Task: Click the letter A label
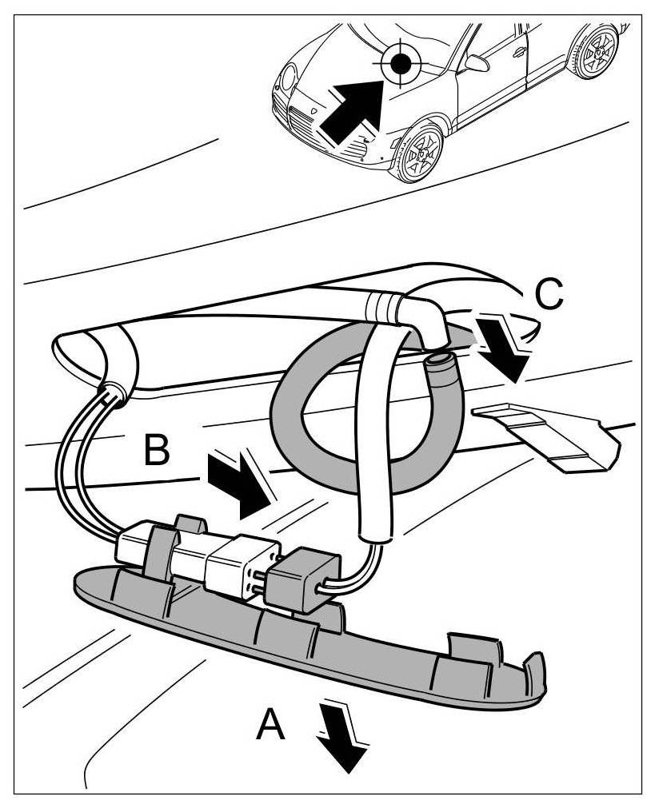(x=270, y=726)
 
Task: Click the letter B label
(x=157, y=451)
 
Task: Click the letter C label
(x=548, y=294)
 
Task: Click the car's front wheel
(x=421, y=151)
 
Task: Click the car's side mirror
(x=477, y=63)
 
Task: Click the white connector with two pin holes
(x=239, y=567)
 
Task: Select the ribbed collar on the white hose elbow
(x=385, y=306)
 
